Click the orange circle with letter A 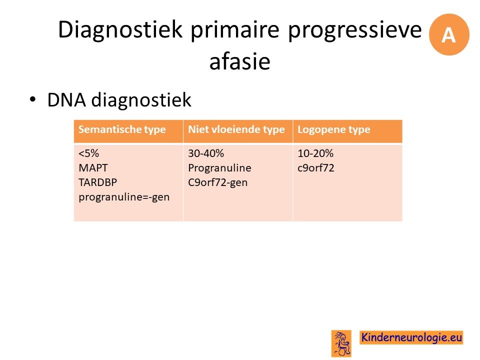coord(449,34)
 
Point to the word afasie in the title coord(239,61)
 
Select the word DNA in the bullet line coord(66,100)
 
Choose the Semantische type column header coord(122,129)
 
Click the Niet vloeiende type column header coord(236,129)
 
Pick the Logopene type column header coord(334,129)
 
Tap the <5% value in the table coord(89,153)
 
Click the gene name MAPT coord(93,168)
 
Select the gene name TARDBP coord(98,182)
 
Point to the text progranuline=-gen coord(124,197)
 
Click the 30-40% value coord(206,153)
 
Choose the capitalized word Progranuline coord(220,168)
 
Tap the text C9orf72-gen coord(218,182)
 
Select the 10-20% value coord(315,153)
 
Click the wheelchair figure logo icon coord(341,343)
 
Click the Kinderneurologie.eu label coord(411,337)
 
